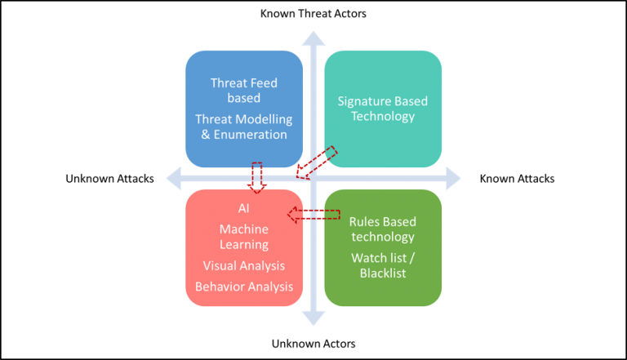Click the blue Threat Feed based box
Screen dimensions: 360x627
click(244, 109)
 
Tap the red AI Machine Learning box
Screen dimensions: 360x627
click(244, 247)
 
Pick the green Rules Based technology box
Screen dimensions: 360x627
click(383, 247)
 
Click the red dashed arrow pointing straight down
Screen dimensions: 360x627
click(257, 177)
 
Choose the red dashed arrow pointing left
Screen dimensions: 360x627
click(313, 215)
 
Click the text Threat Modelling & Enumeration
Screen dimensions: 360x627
click(244, 127)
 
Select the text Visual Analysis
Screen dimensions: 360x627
click(244, 265)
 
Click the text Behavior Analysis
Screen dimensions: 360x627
click(244, 287)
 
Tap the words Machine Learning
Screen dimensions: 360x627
click(244, 237)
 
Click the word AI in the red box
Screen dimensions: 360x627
click(244, 209)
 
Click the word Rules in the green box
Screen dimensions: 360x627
click(365, 221)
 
